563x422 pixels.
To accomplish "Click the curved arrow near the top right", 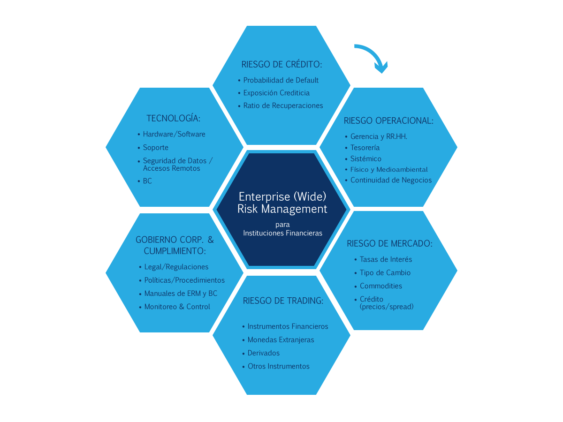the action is coord(373,52).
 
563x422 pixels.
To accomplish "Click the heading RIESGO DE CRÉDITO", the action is coord(281,64).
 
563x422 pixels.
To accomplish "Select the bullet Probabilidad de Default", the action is coord(281,80).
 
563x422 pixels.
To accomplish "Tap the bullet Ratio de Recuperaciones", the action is coord(283,105).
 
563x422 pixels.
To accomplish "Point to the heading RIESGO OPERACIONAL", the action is coord(388,121).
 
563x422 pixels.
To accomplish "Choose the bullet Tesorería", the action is coord(365,148).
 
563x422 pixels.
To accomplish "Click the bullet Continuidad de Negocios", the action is coord(391,180).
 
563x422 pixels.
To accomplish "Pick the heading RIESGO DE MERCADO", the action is coord(389,243).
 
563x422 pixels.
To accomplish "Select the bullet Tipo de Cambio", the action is coord(385,272).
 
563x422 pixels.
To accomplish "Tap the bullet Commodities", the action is coord(380,286).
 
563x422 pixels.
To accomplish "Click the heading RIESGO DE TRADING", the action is coord(283,301).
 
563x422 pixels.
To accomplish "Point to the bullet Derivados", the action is coord(263,353).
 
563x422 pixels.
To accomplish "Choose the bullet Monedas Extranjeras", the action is coord(281,340).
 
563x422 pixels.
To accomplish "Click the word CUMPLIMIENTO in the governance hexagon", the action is coord(175,251).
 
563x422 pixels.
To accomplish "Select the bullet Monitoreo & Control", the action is coord(177,307).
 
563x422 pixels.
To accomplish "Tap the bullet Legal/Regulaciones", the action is coord(176,267).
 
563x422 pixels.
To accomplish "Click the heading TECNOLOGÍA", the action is coord(174,118).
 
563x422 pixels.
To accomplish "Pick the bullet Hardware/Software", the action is coord(174,134).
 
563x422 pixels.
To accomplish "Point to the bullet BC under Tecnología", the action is coord(147,181).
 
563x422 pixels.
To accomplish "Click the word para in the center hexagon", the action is coord(282,225).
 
